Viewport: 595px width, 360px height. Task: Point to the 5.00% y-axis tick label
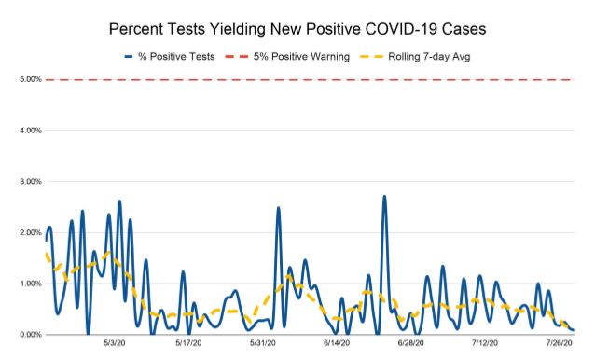coord(29,80)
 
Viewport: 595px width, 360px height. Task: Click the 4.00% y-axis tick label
coord(29,131)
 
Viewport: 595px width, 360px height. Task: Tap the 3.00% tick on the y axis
coord(29,182)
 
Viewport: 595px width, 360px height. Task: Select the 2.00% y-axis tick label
coord(29,232)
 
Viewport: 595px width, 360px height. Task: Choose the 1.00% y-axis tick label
coord(29,284)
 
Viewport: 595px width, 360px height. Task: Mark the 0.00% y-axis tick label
coord(29,334)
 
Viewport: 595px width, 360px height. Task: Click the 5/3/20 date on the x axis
coord(116,344)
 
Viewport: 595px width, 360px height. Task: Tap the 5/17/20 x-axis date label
coord(189,344)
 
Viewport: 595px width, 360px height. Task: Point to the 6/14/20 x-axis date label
coord(337,344)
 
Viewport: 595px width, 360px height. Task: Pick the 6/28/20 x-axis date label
coord(410,344)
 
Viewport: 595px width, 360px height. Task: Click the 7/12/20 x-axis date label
coord(484,344)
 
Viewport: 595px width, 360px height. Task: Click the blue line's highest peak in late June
coord(384,197)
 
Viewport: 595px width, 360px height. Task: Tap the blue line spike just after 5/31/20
coord(278,208)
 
